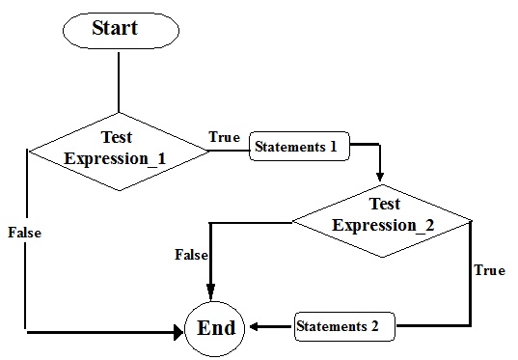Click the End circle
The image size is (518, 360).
tap(216, 328)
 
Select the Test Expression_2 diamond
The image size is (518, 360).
tap(383, 218)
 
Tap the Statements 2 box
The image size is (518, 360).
tap(344, 326)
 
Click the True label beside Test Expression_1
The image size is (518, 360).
tap(224, 137)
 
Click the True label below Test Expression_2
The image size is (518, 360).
tap(490, 270)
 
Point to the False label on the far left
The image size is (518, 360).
tap(23, 233)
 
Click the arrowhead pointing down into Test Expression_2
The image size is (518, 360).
tap(380, 177)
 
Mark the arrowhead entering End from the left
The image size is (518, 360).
tap(177, 332)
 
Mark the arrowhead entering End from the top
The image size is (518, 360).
tap(210, 293)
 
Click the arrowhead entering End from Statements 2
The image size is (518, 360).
tap(257, 326)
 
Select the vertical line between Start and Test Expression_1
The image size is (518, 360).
tap(119, 82)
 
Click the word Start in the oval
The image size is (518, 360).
tap(115, 29)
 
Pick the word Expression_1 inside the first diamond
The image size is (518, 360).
tap(108, 158)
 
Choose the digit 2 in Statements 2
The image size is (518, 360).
tap(374, 326)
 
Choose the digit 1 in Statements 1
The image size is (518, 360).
tap(333, 149)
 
